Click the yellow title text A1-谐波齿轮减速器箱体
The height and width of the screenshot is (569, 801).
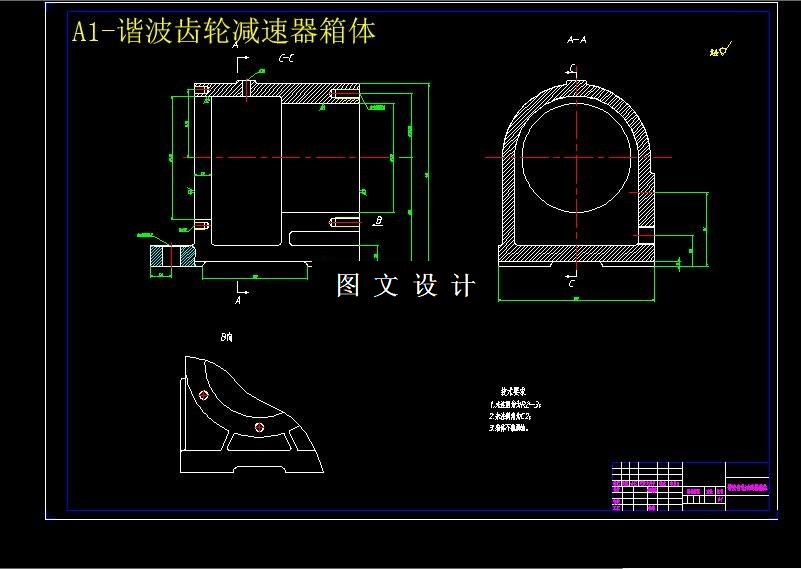(224, 32)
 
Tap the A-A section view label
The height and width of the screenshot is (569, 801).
(576, 40)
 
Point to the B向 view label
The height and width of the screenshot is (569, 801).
(227, 338)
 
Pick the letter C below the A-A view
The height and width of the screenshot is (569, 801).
(571, 284)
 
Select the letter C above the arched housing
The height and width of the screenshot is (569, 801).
(571, 67)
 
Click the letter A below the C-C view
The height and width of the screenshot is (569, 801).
(238, 299)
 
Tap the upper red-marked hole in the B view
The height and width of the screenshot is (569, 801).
(204, 395)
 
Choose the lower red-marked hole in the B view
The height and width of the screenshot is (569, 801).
(260, 427)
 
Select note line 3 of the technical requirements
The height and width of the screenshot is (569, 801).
(508, 427)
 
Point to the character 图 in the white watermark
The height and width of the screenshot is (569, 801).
(348, 285)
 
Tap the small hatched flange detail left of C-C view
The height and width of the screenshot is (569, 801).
(161, 256)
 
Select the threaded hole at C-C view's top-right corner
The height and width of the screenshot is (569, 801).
(343, 97)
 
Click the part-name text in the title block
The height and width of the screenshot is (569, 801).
(747, 487)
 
